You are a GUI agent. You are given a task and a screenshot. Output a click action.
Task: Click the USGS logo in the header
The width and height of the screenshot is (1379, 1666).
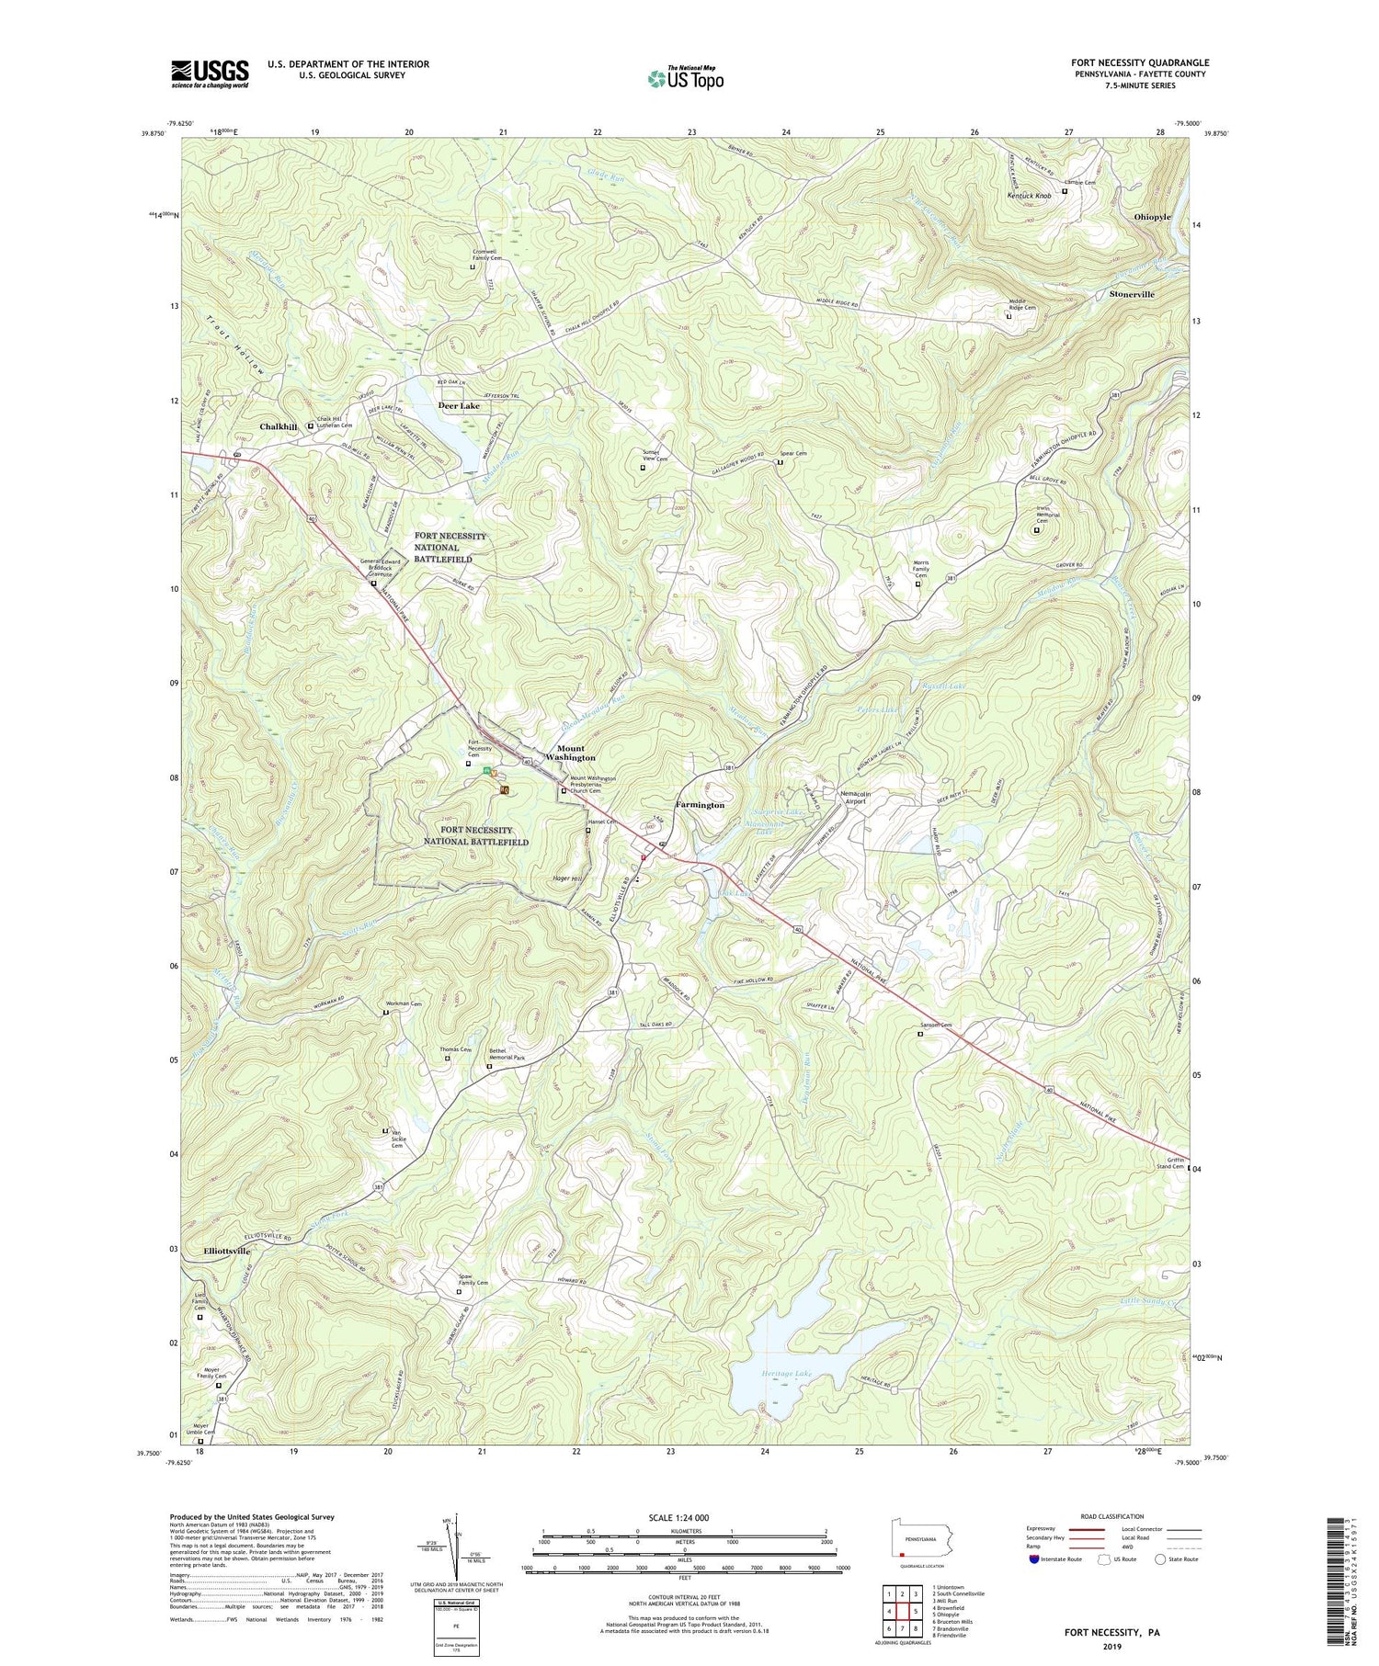[210, 73]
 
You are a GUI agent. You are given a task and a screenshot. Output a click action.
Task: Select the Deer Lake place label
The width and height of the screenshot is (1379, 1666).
[458, 405]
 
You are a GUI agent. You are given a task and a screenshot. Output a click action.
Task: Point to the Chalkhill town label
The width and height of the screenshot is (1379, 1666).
[279, 427]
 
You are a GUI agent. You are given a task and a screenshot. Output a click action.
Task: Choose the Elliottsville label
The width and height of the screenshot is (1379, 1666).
[226, 1252]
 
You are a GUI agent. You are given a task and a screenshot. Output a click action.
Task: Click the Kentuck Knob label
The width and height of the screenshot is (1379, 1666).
[1029, 196]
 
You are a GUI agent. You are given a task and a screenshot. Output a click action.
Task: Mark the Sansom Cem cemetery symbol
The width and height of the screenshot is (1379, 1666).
[920, 1033]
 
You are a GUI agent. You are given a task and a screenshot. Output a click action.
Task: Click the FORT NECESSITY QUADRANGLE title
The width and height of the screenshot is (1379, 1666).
[1139, 62]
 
